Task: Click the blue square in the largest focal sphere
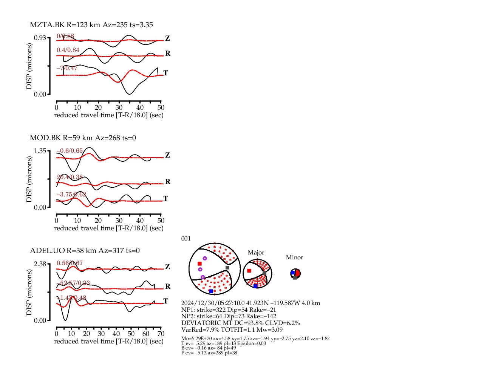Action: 211,291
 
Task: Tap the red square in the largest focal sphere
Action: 199,264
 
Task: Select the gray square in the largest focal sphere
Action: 227,268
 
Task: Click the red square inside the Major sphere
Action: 249,271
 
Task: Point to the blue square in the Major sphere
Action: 255,286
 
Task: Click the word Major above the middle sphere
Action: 256,253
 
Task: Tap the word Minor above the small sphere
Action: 294,257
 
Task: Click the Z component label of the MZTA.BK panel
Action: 167,38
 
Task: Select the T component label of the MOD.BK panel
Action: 165,198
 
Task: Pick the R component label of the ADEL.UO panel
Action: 168,287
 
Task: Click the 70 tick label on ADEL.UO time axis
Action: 161,334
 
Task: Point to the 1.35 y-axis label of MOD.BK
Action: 40,151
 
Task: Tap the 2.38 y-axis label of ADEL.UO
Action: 40,264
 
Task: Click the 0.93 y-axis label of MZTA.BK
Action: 40,38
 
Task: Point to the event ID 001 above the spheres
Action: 186,239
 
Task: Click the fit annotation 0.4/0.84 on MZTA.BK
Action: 68,50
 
